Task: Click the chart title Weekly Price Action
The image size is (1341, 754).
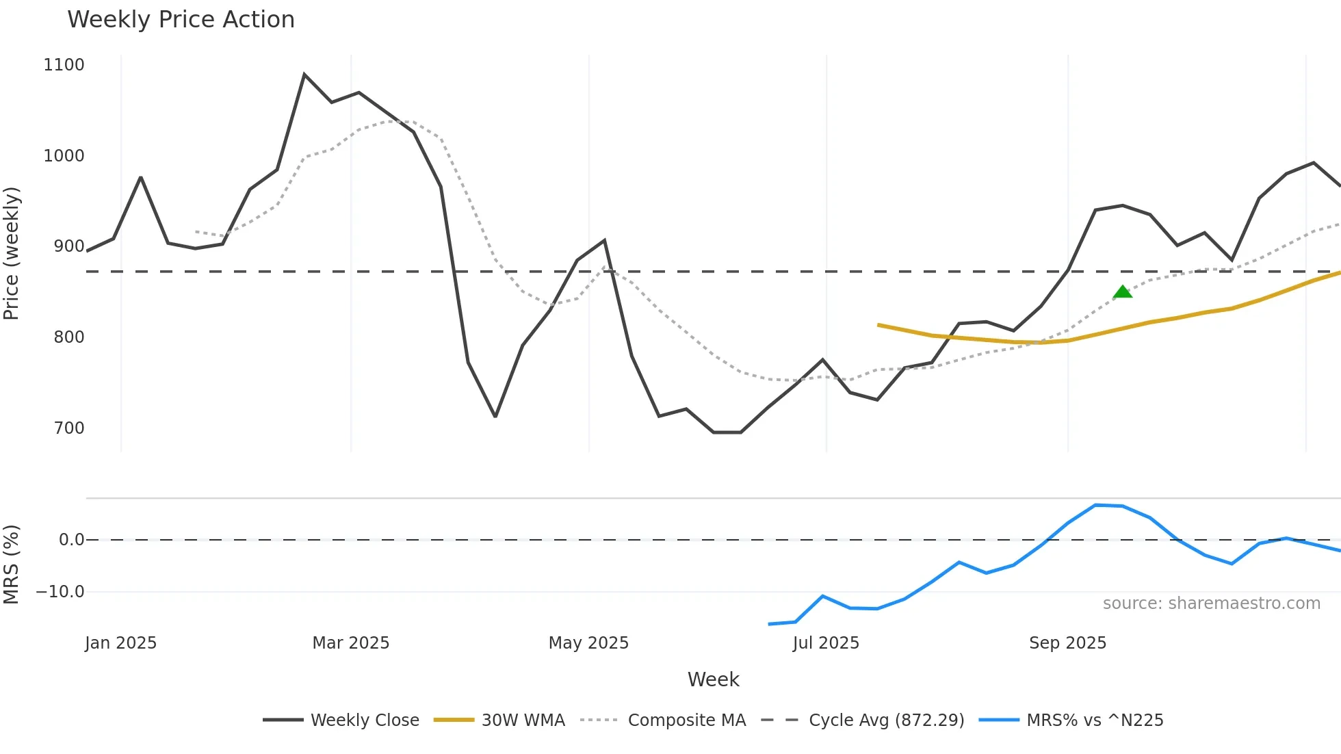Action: point(181,20)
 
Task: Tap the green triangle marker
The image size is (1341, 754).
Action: point(1123,293)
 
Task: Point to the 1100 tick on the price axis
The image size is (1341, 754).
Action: point(64,65)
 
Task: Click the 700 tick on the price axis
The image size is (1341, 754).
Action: point(68,428)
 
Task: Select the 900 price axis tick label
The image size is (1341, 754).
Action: point(68,246)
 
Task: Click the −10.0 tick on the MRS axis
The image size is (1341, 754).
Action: point(60,592)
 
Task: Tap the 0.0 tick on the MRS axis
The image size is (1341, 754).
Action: point(71,540)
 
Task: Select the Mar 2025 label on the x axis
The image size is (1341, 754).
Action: point(350,643)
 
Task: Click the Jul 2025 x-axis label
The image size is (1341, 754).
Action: point(826,643)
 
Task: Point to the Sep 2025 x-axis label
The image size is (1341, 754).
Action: point(1067,643)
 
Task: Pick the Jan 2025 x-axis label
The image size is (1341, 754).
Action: point(121,643)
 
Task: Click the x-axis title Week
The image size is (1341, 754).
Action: point(713,679)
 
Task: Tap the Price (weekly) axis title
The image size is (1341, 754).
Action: point(12,253)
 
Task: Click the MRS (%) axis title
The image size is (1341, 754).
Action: point(12,564)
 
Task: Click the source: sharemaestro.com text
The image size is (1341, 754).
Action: point(1211,603)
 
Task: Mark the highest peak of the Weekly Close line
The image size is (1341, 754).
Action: point(304,75)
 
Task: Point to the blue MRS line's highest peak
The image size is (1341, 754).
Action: point(1096,505)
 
